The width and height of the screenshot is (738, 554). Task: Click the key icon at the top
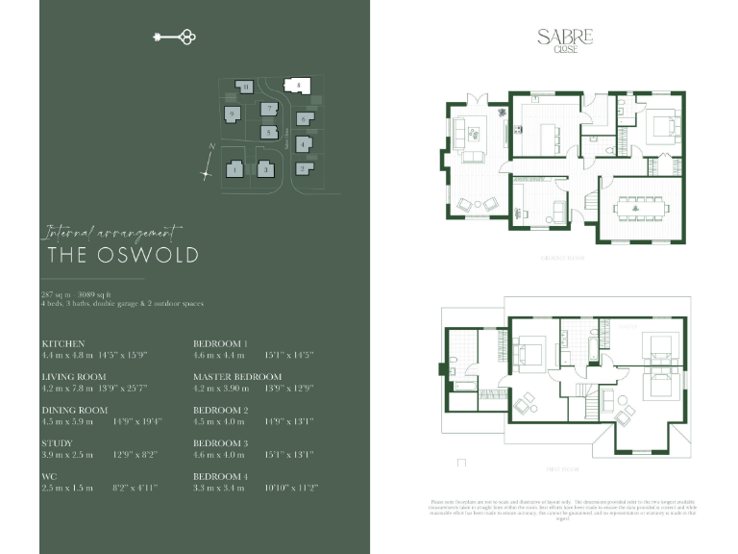click(x=175, y=38)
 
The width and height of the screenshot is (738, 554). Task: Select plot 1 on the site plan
click(x=234, y=170)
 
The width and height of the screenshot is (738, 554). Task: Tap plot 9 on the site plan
click(x=232, y=114)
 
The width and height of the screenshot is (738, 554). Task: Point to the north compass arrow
click(x=208, y=164)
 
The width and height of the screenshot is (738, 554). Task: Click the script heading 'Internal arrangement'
click(x=111, y=232)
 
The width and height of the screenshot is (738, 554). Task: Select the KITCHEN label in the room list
click(x=63, y=343)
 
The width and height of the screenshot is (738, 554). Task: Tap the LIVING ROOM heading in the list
click(x=74, y=377)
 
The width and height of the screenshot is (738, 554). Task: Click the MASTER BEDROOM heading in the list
click(x=237, y=377)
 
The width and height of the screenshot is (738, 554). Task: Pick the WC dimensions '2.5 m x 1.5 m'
click(x=67, y=489)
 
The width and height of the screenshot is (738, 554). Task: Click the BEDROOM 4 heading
click(x=221, y=477)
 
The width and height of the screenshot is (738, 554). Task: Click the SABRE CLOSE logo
click(x=565, y=39)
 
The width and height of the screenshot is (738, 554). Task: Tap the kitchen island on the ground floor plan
click(x=545, y=137)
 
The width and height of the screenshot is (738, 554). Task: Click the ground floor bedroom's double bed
click(x=657, y=126)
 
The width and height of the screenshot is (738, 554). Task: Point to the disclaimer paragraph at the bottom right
click(x=563, y=509)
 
